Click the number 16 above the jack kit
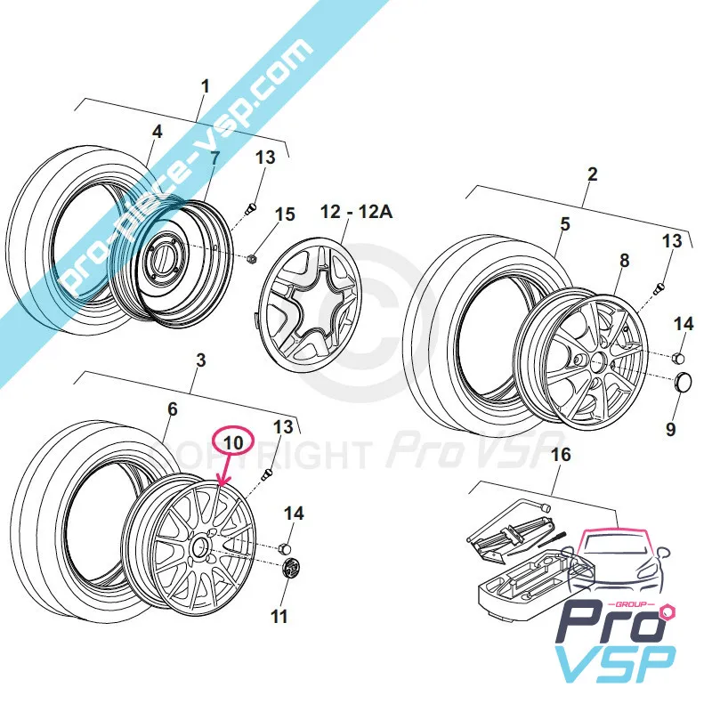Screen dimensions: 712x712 point(559,457)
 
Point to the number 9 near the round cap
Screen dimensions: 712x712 point(671,430)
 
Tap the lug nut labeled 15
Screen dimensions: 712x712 point(252,259)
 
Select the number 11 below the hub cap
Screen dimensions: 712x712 point(279,616)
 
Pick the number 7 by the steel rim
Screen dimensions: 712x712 point(214,158)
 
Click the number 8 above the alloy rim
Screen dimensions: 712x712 point(624,261)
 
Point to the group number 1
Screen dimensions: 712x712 point(206,87)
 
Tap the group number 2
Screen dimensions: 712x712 point(593,174)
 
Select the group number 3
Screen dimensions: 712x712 point(200,360)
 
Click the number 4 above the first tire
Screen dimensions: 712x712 point(157,132)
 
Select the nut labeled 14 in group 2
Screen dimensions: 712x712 point(678,358)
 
